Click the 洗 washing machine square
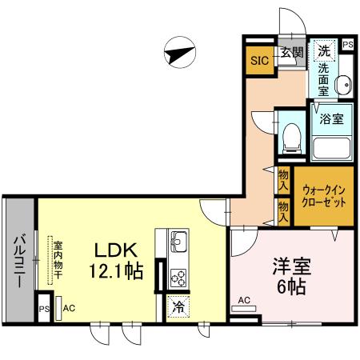[323, 50]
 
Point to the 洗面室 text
[323, 78]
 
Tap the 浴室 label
[332, 120]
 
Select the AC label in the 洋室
[245, 301]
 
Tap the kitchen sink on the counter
[178, 240]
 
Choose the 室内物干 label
[58, 258]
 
